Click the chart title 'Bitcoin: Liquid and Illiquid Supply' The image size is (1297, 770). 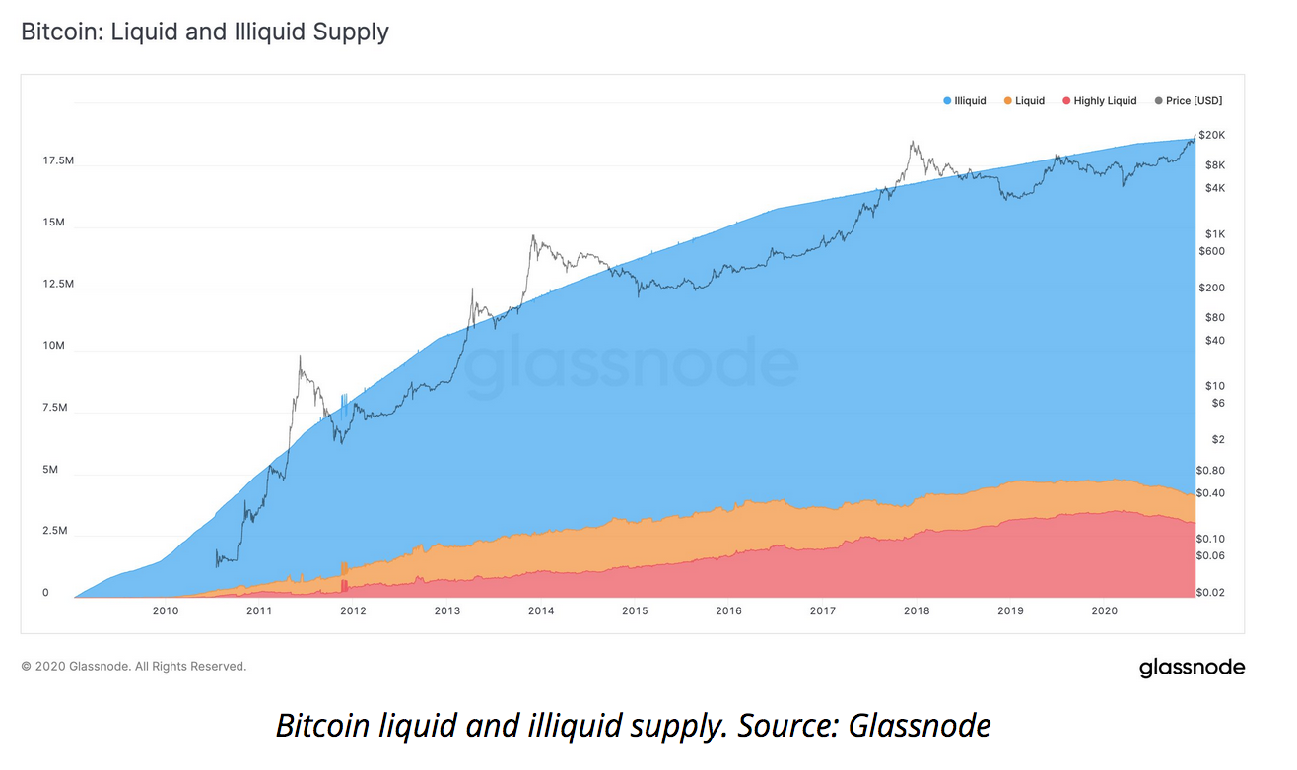[x=205, y=32]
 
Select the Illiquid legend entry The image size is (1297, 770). [x=970, y=101]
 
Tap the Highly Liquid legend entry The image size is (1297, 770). [x=1105, y=101]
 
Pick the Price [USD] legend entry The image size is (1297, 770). [x=1194, y=101]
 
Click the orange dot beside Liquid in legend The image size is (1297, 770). [x=1007, y=101]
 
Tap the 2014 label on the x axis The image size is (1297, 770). [x=540, y=611]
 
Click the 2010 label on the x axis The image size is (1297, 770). [x=165, y=611]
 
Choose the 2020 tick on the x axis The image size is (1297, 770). [x=1104, y=611]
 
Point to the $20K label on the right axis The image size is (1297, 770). [x=1211, y=134]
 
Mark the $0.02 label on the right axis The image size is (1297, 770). [x=1209, y=591]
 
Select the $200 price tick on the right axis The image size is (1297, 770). [x=1211, y=288]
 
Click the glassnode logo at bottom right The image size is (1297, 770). [x=1192, y=668]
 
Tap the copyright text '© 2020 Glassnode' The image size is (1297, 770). [x=76, y=667]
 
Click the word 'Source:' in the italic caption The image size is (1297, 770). [x=781, y=727]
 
